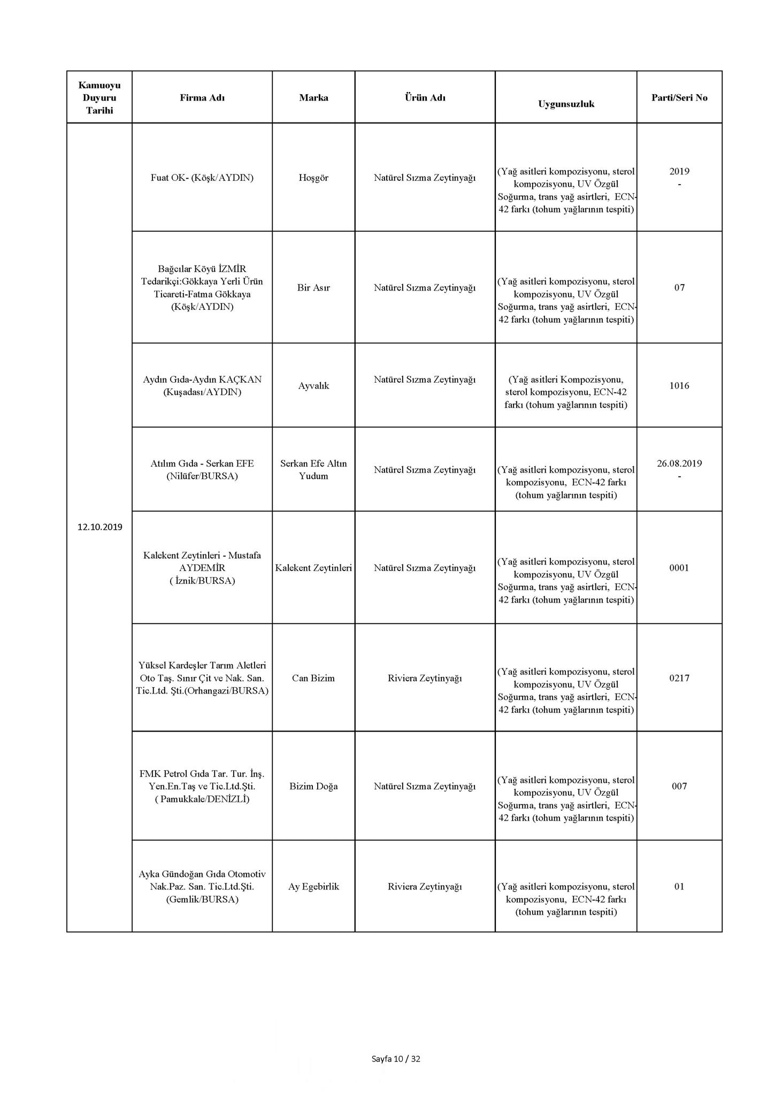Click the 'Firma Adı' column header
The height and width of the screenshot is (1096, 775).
pos(202,97)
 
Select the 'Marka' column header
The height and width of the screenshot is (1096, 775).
pos(313,97)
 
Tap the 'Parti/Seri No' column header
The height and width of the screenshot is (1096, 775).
pos(679,97)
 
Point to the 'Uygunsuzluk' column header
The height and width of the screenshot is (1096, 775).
pos(566,104)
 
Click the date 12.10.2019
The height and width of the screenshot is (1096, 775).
pos(100,527)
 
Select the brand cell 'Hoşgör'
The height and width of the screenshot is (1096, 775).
pos(313,178)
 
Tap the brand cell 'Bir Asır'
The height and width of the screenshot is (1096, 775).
pos(313,287)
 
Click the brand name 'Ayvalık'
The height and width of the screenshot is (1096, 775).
pos(313,385)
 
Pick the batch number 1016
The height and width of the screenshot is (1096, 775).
pos(679,385)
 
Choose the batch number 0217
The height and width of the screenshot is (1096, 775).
pos(679,678)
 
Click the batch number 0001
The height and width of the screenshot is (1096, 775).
pos(679,568)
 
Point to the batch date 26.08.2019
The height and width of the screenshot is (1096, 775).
pos(679,463)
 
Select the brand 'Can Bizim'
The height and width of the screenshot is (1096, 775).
pos(313,678)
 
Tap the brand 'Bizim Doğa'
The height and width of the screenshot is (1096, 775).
pos(313,786)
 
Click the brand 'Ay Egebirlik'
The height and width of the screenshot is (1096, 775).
pos(313,886)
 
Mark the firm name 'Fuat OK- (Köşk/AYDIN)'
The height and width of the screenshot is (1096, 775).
pos(202,178)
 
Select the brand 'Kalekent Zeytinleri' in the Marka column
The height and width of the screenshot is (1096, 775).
pos(313,568)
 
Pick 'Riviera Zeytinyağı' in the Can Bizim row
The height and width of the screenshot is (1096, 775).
pos(425,678)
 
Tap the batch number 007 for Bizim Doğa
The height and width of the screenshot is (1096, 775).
pos(679,786)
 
